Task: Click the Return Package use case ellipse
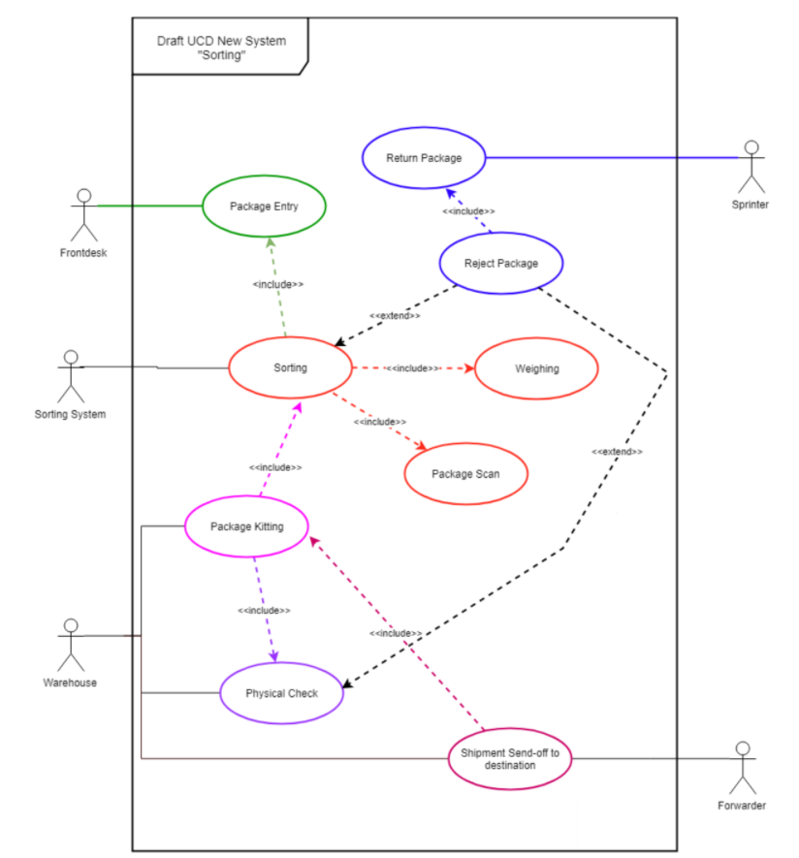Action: pyautogui.click(x=424, y=158)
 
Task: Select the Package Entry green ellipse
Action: pyautogui.click(x=264, y=206)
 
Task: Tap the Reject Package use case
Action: pyautogui.click(x=501, y=263)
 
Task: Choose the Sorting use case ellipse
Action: pyautogui.click(x=290, y=367)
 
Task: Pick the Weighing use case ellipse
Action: pyautogui.click(x=536, y=368)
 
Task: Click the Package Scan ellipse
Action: pyautogui.click(x=465, y=473)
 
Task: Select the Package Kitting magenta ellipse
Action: pyautogui.click(x=247, y=526)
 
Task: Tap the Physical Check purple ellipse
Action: pyautogui.click(x=282, y=693)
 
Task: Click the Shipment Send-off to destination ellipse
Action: pyautogui.click(x=510, y=759)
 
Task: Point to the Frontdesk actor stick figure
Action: pyautogui.click(x=84, y=214)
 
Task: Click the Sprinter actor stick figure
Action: pyautogui.click(x=751, y=167)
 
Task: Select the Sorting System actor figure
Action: pyautogui.click(x=70, y=376)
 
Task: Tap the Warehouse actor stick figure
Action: pyautogui.click(x=70, y=645)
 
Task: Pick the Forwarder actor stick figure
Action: pyautogui.click(x=743, y=768)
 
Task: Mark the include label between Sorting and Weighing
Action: pyautogui.click(x=412, y=368)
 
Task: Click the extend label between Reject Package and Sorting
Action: pyautogui.click(x=395, y=316)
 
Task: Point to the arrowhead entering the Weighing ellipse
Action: pyautogui.click(x=469, y=368)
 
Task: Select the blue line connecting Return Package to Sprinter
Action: pyautogui.click(x=611, y=158)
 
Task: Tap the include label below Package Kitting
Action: pyautogui.click(x=264, y=610)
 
